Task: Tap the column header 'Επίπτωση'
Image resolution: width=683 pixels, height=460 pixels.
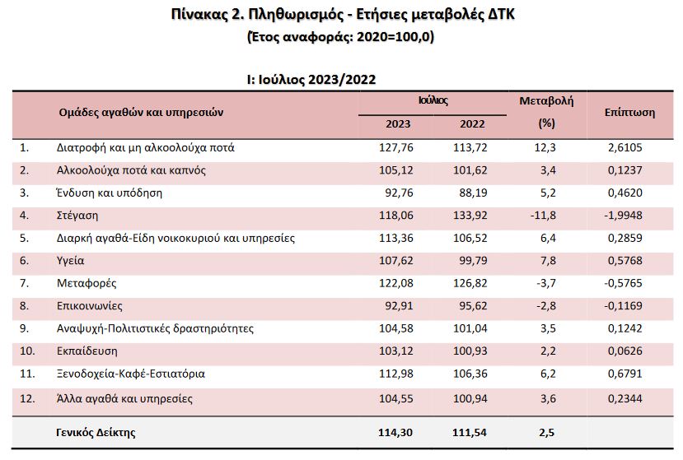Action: click(629, 113)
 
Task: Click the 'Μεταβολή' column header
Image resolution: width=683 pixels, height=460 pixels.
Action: click(546, 101)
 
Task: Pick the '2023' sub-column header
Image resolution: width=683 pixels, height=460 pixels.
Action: click(398, 124)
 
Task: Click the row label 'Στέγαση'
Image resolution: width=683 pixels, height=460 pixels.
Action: click(79, 216)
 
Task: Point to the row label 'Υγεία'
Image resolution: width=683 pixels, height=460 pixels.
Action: click(71, 261)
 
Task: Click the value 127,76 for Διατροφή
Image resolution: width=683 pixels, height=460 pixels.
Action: click(398, 148)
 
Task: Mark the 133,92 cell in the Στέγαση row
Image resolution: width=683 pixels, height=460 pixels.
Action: click(469, 216)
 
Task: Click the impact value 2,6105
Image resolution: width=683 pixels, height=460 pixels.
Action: click(623, 148)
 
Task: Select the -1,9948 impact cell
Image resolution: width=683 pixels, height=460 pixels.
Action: click(620, 216)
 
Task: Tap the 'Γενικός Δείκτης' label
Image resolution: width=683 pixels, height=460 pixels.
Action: click(96, 432)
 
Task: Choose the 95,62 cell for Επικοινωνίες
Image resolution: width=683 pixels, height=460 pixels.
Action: click(470, 306)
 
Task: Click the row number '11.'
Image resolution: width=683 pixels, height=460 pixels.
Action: click(26, 374)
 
